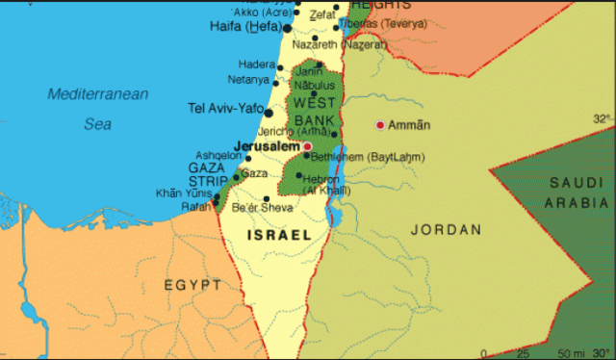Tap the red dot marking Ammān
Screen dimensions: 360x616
[x=380, y=125]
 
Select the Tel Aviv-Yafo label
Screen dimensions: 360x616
[x=225, y=107]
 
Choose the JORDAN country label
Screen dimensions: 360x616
[x=445, y=229]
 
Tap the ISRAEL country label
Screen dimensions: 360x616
[x=279, y=234]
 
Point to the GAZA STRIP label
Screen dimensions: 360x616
[x=206, y=173]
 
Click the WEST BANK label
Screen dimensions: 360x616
[x=314, y=112]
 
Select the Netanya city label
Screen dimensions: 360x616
[x=248, y=79]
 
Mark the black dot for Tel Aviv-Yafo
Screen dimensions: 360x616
[x=269, y=112]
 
